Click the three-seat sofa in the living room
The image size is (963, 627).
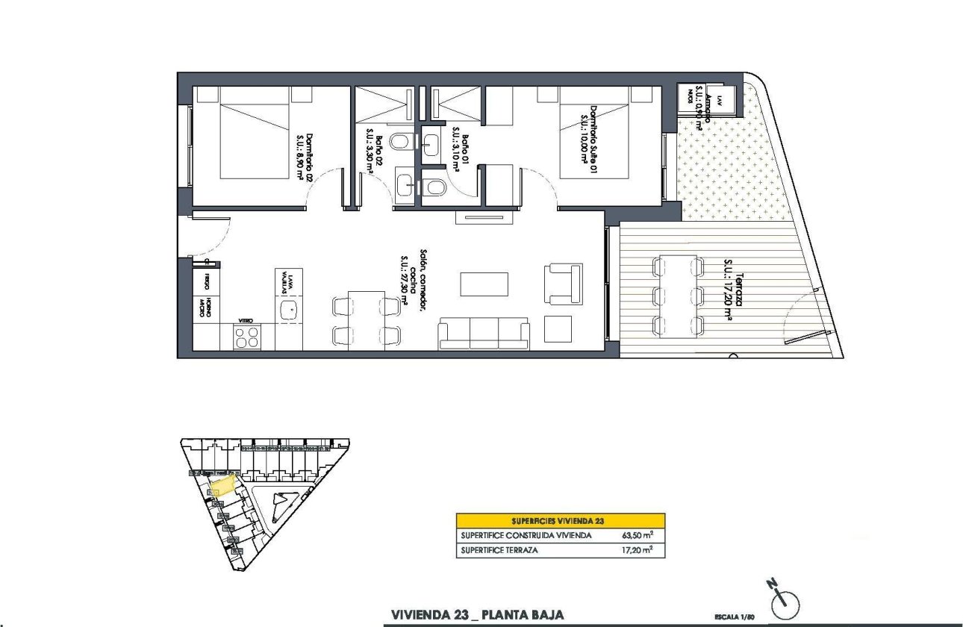tap(484, 334)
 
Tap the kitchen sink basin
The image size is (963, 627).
tap(287, 311)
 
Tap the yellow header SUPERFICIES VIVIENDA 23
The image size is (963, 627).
tap(560, 520)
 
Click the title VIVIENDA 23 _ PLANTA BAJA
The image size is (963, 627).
tap(477, 615)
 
